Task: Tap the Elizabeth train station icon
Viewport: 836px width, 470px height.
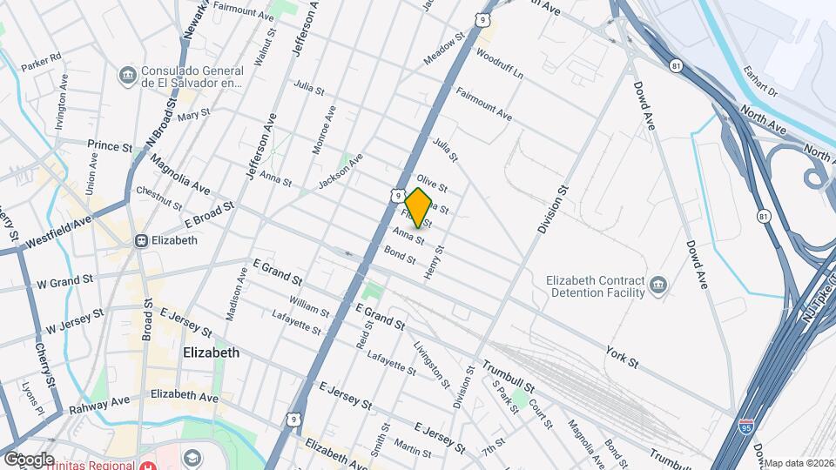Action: [139, 240]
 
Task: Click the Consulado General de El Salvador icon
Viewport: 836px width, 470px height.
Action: [128, 76]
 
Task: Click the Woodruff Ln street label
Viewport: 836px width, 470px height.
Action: [499, 64]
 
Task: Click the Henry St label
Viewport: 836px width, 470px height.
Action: [433, 262]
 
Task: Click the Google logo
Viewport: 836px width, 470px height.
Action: [28, 459]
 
